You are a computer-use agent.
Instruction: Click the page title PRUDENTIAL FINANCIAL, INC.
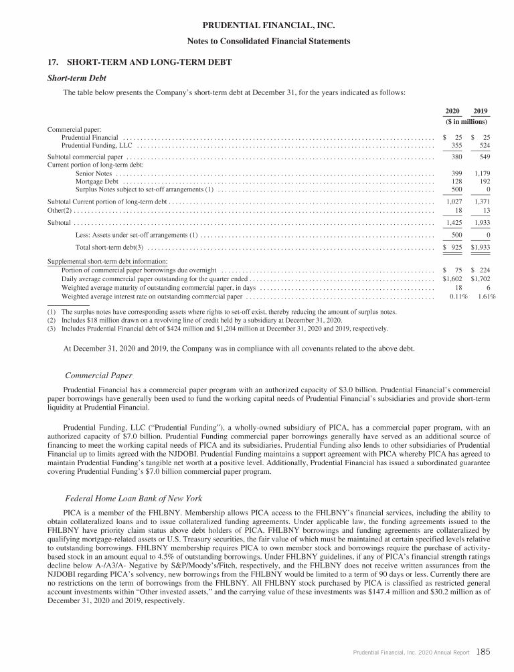tap(257, 26)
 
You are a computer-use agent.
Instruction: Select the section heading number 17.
tap(52, 62)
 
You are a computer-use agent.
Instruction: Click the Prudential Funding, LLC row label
tap(97, 145)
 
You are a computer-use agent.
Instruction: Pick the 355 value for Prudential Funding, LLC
tap(458, 145)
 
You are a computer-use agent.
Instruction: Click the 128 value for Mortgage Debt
tap(458, 181)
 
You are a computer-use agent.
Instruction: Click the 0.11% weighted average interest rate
tap(456, 295)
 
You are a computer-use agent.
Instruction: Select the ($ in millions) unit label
tap(466, 122)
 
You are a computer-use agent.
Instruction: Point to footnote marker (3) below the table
tap(52, 329)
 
